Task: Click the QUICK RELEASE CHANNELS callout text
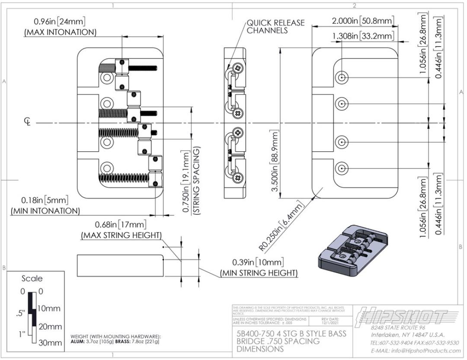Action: tap(275, 26)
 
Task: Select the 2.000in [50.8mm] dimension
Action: tap(362, 21)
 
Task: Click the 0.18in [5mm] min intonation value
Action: tap(45, 201)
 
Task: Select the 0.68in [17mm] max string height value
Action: tap(121, 225)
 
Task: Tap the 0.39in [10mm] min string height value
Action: tap(258, 262)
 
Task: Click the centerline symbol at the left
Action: tap(27, 123)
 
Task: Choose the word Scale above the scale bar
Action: tap(32, 279)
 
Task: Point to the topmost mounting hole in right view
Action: tap(342, 77)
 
